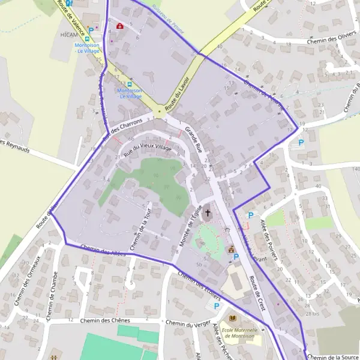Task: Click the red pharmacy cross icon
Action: (x=120, y=26)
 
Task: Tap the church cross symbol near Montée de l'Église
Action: (x=208, y=212)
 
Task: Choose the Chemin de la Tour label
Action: (x=140, y=228)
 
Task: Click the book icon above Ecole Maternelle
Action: (x=233, y=317)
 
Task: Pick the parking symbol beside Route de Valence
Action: (x=91, y=29)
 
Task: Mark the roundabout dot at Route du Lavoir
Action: (x=159, y=112)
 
